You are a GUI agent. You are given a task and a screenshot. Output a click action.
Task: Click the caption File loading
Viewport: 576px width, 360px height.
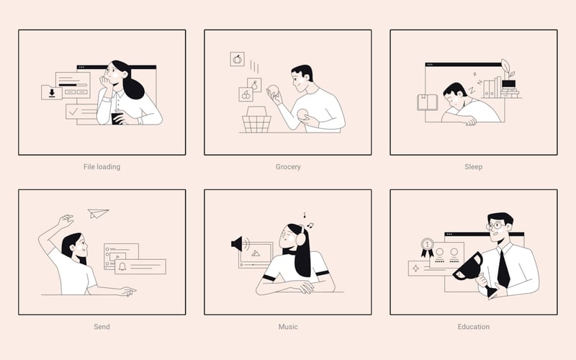[102, 167]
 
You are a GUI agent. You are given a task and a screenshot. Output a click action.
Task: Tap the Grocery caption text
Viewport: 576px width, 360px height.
[288, 167]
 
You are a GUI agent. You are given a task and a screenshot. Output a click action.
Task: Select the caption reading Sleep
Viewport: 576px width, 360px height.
[474, 167]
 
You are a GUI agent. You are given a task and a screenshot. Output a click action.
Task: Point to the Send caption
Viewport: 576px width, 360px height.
[102, 327]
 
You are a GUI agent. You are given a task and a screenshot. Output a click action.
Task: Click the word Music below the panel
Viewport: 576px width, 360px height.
[288, 327]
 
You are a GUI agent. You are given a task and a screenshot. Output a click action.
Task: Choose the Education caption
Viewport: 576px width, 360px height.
[474, 327]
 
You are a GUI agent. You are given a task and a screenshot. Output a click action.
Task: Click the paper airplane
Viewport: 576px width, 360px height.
[97, 213]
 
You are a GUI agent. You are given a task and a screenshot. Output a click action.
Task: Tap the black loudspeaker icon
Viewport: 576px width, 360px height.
[238, 243]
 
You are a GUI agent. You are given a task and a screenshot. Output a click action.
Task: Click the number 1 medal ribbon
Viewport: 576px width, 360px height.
[427, 247]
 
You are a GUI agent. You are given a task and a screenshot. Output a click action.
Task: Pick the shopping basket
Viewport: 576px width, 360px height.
[256, 120]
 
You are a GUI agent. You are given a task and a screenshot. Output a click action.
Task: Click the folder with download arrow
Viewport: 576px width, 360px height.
[52, 92]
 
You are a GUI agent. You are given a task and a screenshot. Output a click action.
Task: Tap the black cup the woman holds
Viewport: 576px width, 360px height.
[117, 118]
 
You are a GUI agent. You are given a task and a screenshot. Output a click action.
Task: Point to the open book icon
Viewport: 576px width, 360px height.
[427, 102]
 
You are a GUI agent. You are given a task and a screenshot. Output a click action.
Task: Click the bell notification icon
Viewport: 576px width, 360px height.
[122, 266]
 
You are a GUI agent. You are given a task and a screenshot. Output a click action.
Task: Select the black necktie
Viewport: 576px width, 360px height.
[503, 268]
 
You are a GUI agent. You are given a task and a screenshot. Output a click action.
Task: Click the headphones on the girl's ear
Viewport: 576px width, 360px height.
[301, 235]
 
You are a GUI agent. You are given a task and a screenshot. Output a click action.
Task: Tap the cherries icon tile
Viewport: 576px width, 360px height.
[246, 94]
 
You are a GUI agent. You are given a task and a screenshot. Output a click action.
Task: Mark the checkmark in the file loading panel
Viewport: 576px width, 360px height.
[73, 111]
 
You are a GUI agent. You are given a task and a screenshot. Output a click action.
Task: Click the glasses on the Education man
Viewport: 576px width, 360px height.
[495, 225]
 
